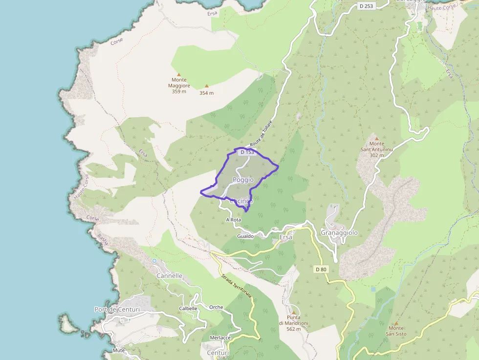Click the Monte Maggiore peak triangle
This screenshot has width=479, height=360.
(178, 75)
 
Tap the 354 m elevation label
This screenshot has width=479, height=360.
(206, 93)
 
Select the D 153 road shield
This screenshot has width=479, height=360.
(247, 152)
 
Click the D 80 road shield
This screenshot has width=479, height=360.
(321, 269)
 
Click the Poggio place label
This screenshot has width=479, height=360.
(243, 180)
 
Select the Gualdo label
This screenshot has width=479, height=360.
(245, 236)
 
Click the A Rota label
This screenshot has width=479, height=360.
(234, 220)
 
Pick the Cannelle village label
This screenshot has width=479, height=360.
(169, 276)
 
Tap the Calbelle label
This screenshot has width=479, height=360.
(188, 309)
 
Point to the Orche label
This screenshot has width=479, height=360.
(216, 308)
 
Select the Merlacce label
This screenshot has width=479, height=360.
(220, 338)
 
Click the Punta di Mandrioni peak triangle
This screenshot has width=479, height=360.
(294, 313)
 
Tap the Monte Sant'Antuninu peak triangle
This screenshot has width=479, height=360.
(376, 139)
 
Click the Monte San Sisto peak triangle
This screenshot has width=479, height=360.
(396, 323)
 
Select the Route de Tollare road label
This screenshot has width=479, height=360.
(261, 134)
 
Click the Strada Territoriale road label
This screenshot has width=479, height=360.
(237, 287)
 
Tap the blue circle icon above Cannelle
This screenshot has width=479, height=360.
(154, 261)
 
